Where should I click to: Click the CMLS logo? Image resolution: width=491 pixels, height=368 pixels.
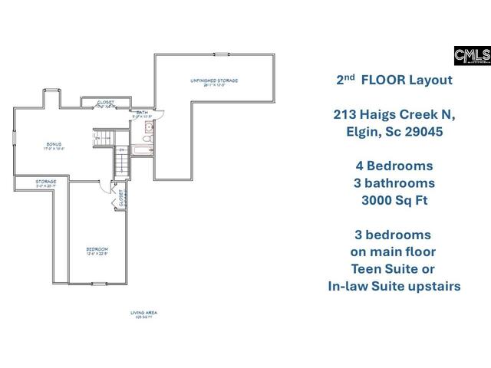tap(472, 56)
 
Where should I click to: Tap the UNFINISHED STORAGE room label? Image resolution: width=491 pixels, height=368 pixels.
tap(214, 80)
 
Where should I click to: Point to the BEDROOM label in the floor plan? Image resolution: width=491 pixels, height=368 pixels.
tap(97, 250)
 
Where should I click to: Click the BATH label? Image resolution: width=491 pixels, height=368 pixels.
tap(142, 113)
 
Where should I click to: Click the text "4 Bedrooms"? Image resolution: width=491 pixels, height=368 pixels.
tap(394, 166)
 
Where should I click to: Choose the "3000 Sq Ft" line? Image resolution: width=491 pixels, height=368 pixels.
tap(394, 200)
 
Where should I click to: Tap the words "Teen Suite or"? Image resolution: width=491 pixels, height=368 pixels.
tap(394, 268)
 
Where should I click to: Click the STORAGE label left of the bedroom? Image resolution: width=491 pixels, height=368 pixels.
tap(45, 182)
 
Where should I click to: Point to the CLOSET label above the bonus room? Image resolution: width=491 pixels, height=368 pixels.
tap(105, 102)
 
